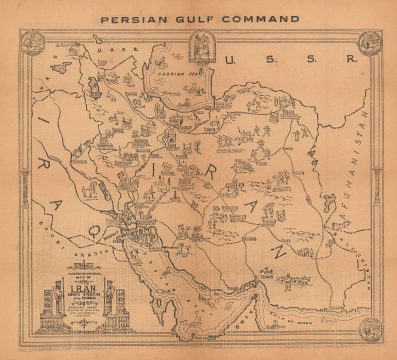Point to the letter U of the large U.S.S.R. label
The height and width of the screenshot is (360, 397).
click(x=233, y=62)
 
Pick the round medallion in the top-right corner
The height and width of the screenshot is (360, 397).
click(x=371, y=41)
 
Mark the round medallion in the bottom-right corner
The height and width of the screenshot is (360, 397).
click(x=371, y=327)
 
